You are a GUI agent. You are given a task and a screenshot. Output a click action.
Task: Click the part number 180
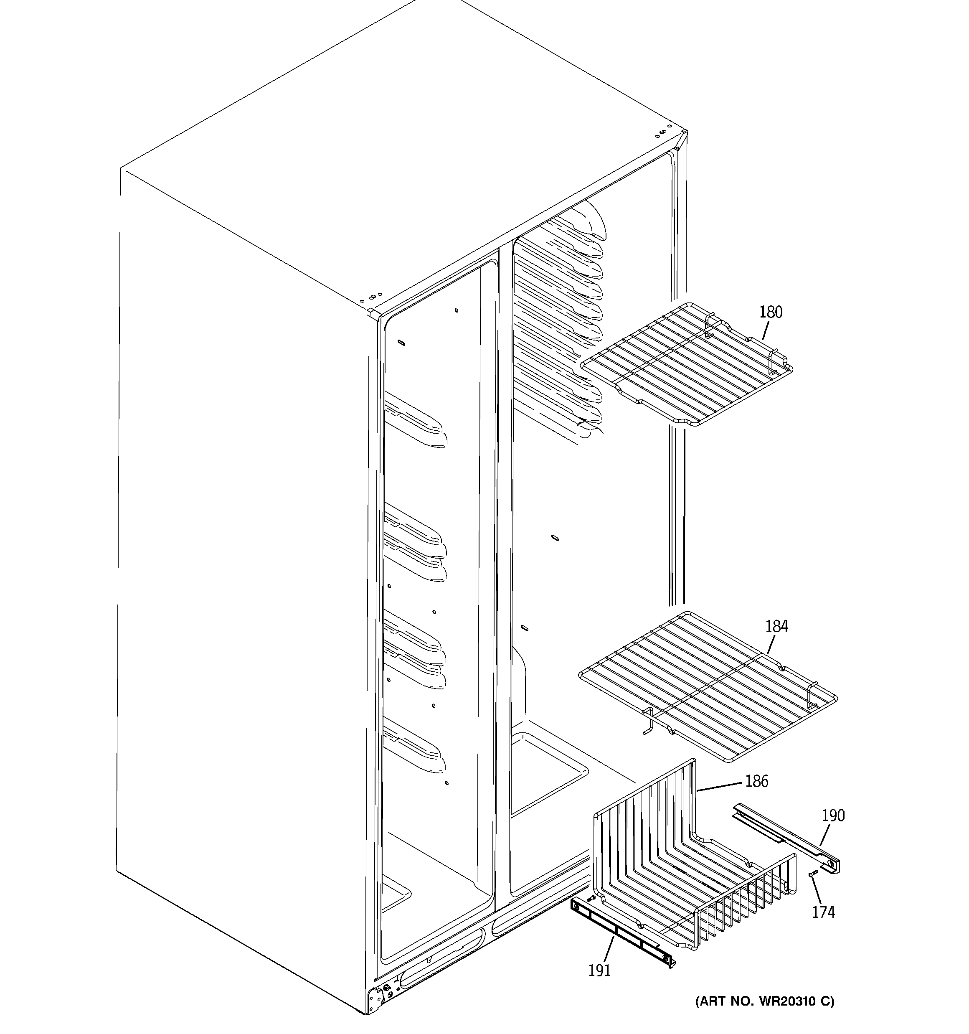pos(770,312)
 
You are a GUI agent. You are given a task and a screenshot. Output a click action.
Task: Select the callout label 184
pos(776,626)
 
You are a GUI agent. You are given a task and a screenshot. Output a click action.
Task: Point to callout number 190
pos(833,816)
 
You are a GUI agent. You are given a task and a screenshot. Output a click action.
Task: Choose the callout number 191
pos(599,970)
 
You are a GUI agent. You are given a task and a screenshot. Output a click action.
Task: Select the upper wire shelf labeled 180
pos(687,364)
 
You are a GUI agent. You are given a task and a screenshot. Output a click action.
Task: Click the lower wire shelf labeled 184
pos(708,686)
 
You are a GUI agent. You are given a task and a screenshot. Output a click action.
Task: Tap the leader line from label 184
pos(772,644)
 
